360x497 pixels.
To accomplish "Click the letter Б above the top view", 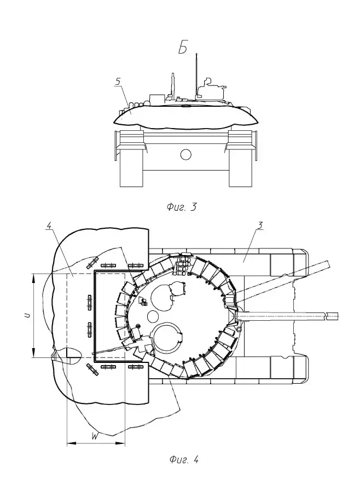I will pos(183,49).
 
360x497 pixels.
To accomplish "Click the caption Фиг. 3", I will pos(181,207).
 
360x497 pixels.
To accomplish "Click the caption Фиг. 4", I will pos(183,460).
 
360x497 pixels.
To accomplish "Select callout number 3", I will pos(261,225).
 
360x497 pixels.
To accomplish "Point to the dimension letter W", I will pos(95,436).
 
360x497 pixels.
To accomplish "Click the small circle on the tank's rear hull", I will pos(186,154).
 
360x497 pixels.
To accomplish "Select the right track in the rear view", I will pos(241,164).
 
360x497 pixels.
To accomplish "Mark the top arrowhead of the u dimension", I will pos(34,275).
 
